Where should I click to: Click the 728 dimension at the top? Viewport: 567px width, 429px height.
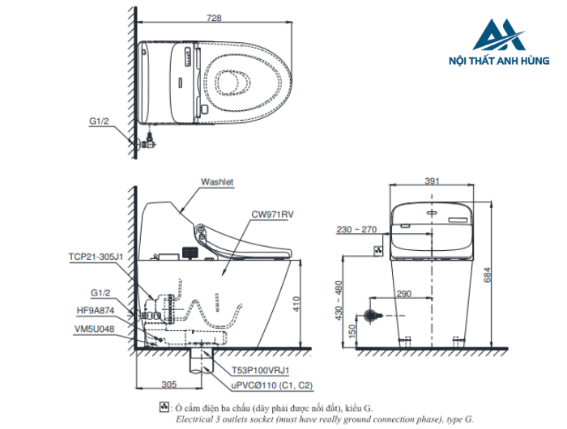pos(214,18)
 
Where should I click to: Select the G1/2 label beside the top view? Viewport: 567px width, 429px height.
pos(101,121)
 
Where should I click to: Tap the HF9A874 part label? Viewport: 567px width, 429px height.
pos(95,308)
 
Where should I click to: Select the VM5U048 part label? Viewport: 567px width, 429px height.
pos(95,329)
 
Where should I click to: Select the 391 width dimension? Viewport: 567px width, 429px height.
pos(431,181)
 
